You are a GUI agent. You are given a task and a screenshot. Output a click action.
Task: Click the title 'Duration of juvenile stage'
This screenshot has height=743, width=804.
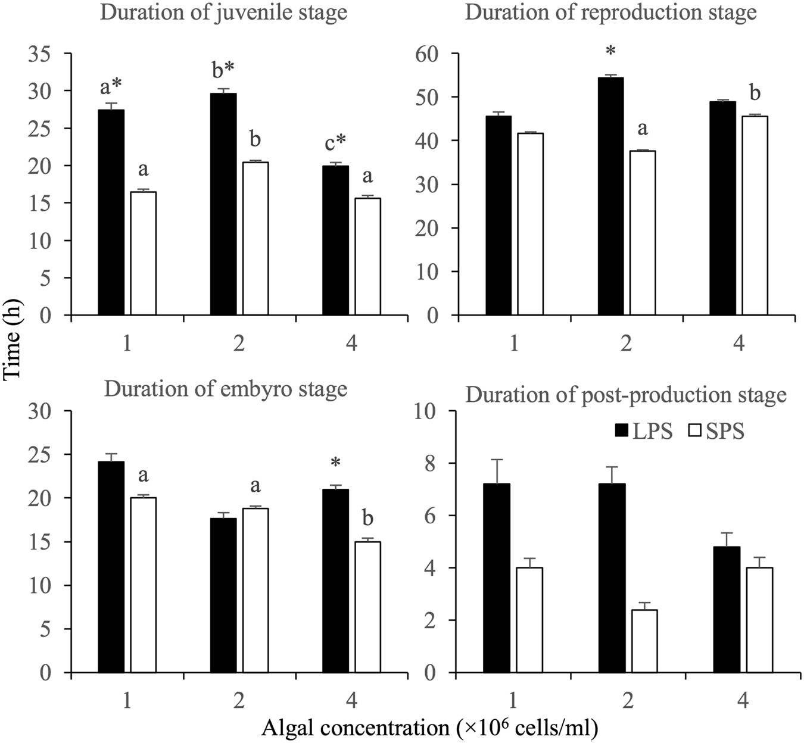pos(223,13)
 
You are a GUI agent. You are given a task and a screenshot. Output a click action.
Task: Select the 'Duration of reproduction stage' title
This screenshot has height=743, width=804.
pos(610,13)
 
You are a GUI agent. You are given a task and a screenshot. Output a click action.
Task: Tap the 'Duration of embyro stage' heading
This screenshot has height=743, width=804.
pos(225,389)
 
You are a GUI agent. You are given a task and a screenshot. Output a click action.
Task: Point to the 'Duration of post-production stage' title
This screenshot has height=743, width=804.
pos(626,395)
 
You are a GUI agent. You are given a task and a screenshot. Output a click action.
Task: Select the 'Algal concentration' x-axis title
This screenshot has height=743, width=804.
pos(429,727)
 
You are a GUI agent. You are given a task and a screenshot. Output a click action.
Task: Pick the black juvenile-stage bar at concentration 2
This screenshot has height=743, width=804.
pos(223,204)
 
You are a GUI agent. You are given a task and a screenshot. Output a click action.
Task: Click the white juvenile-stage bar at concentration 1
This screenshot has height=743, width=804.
pos(144,253)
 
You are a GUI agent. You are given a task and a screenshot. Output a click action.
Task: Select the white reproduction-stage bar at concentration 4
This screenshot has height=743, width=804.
pos(755,216)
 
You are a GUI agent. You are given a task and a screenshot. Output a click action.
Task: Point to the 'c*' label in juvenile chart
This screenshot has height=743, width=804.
pos(335,143)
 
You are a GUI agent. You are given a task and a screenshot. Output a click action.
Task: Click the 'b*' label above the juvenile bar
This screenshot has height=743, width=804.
pos(223,70)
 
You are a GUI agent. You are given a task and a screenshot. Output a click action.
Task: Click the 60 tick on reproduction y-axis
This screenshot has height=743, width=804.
pos(433,54)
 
